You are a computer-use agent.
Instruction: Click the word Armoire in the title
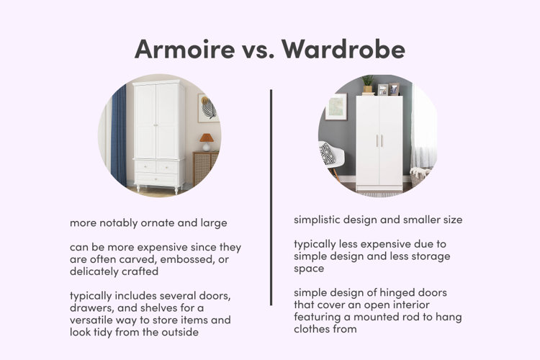[184, 48]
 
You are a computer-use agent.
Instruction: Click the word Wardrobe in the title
[343, 48]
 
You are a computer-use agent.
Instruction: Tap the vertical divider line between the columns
[271, 197]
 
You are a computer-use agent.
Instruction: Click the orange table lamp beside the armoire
[207, 142]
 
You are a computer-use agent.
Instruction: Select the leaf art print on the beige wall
[208, 108]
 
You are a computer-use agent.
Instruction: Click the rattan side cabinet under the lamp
[205, 168]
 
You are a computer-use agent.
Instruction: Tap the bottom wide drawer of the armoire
[157, 179]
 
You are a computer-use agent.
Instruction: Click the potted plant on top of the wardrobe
[367, 84]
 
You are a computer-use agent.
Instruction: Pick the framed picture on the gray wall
[336, 107]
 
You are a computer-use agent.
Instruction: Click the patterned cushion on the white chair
[326, 153]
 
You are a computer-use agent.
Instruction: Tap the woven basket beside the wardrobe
[418, 176]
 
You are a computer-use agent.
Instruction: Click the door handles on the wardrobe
[379, 140]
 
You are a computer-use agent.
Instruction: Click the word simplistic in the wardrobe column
[318, 220]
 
